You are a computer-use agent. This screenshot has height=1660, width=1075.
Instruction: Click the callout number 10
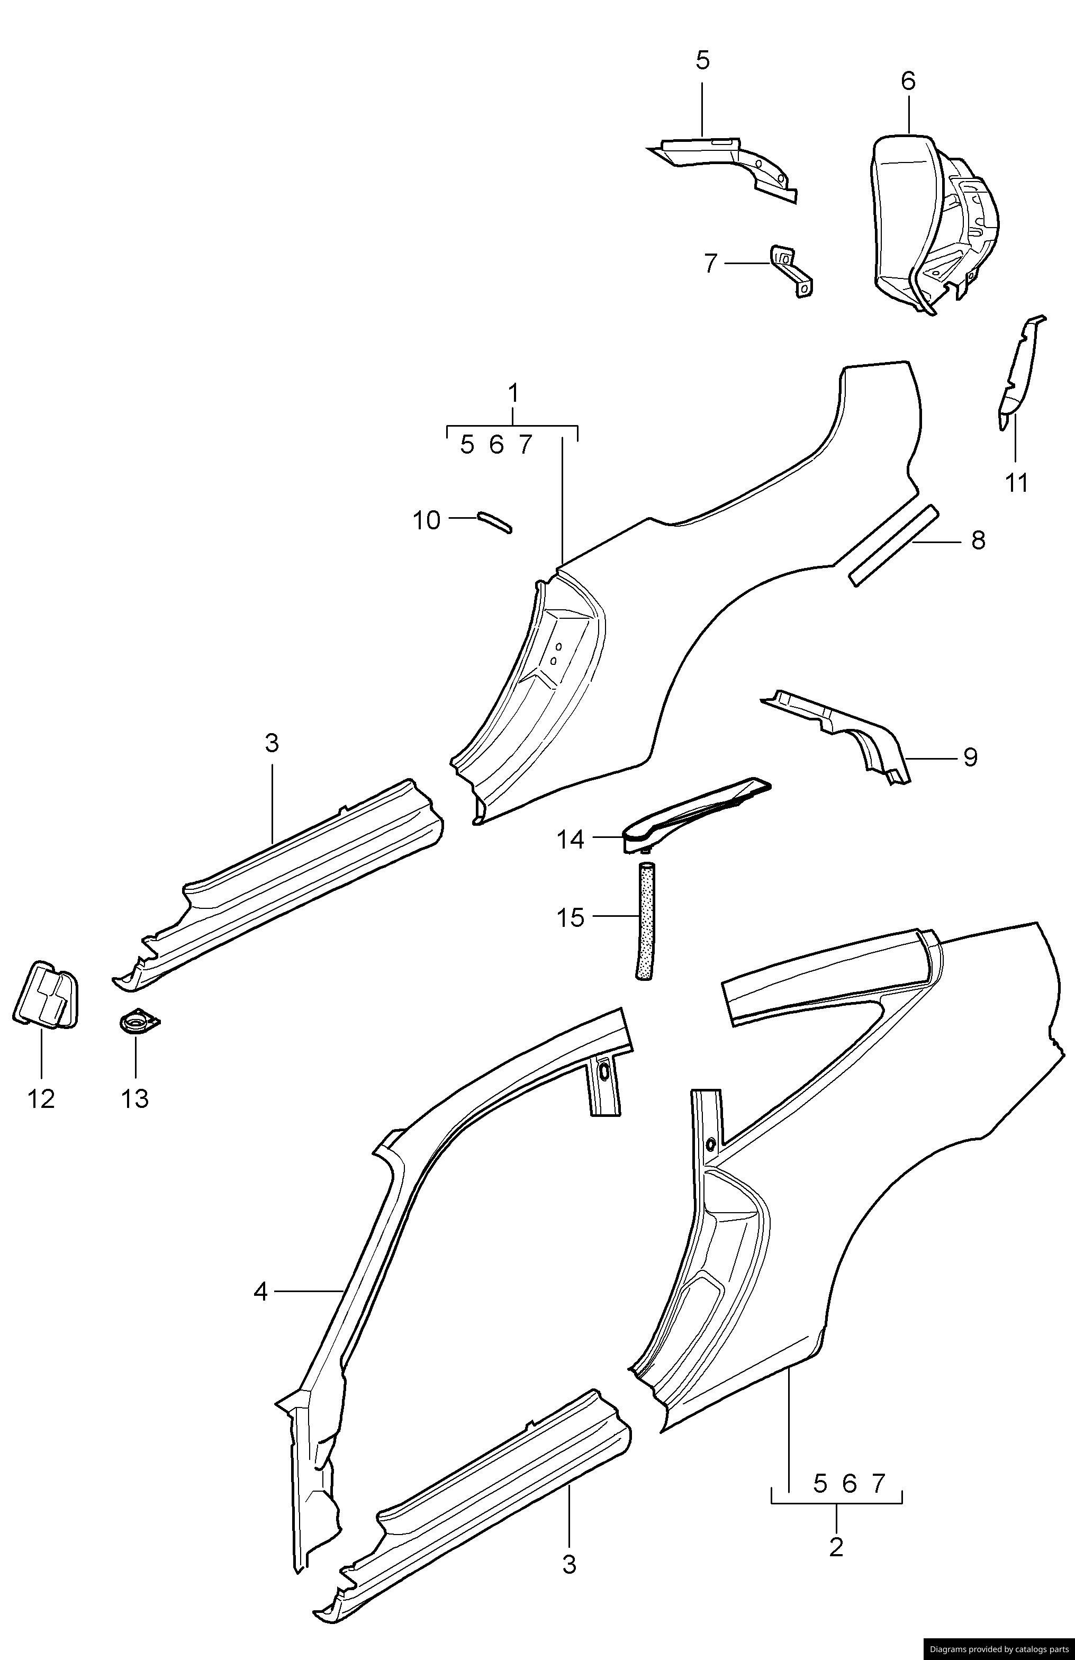(427, 520)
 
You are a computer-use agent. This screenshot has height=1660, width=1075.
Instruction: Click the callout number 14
(570, 840)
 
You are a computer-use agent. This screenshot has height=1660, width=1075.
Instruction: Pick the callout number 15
(570, 918)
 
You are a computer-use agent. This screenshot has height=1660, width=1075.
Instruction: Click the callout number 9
(970, 757)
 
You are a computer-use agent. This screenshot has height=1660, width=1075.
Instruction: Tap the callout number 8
(978, 540)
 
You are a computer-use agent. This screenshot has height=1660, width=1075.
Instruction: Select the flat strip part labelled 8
(893, 546)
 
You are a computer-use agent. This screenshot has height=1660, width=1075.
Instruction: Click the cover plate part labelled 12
(46, 995)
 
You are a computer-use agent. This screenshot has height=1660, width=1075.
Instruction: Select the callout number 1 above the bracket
(513, 394)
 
